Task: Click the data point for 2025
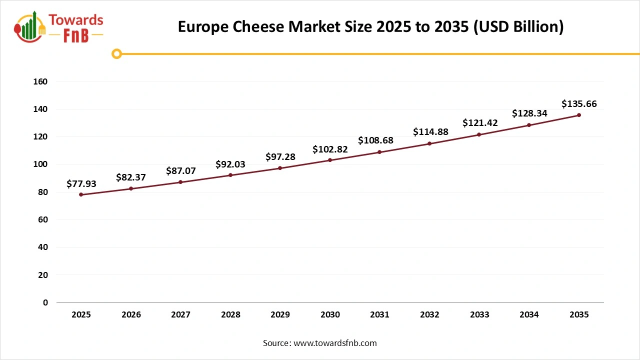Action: click(81, 194)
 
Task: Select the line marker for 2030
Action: click(330, 160)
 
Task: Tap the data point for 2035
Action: click(579, 115)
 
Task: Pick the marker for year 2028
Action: click(230, 175)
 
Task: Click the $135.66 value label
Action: click(579, 104)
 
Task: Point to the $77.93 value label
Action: click(81, 184)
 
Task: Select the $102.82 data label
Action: click(330, 149)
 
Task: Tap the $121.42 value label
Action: click(480, 122)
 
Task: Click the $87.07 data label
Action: click(181, 170)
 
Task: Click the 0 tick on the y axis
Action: click(45, 302)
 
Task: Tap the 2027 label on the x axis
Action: click(181, 314)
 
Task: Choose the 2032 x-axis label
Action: click(429, 314)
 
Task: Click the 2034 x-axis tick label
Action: click(529, 314)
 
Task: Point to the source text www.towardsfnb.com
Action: click(335, 343)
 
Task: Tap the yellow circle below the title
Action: click(116, 53)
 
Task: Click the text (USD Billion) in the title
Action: click(518, 27)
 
